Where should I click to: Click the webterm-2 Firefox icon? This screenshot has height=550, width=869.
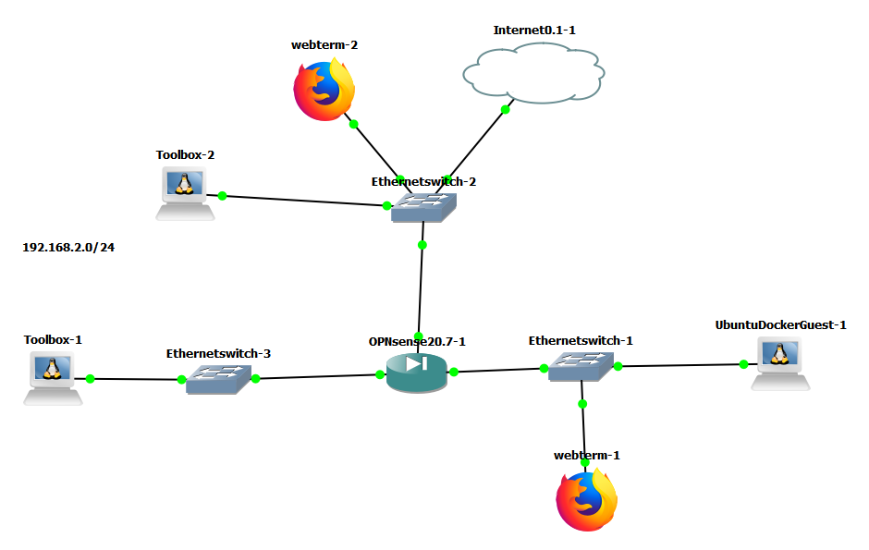324,91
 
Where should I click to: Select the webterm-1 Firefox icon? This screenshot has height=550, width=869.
587,500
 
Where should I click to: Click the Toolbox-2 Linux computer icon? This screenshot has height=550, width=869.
185,192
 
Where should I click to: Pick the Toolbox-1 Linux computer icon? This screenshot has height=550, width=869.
53,378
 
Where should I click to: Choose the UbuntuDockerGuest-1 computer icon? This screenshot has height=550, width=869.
781,361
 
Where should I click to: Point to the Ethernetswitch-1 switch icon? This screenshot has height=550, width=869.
581,366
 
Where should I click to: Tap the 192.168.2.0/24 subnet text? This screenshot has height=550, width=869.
74,248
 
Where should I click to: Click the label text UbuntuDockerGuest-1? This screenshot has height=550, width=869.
780,324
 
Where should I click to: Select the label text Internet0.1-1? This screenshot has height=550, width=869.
534,30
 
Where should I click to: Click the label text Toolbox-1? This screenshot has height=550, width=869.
53,340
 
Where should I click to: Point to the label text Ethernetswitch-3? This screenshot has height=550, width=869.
218,353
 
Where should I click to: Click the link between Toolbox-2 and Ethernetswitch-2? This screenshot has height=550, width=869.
305,201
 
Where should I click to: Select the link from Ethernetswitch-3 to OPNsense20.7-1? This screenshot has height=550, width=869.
319,376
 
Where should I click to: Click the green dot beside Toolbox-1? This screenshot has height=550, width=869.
91,378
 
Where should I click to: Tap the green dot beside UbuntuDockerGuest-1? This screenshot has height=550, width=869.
742,365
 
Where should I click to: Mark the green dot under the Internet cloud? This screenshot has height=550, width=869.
506,110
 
